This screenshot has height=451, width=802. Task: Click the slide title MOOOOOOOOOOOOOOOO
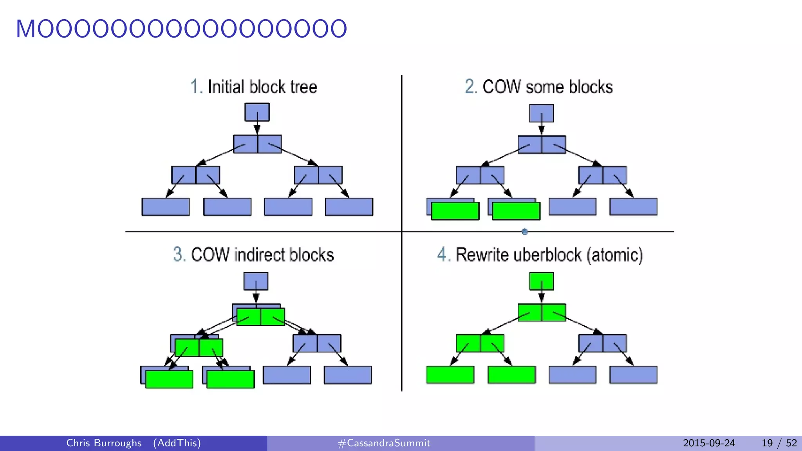181,29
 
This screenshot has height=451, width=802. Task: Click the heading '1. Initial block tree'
254,87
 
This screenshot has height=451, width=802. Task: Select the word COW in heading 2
502,87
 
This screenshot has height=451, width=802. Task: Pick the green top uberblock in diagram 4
541,281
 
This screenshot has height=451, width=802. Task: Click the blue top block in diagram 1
257,112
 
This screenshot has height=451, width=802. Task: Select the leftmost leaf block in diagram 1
165,207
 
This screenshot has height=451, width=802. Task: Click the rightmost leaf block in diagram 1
349,207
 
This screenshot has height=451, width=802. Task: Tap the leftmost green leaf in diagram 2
455,211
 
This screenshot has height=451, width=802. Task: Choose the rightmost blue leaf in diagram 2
633,207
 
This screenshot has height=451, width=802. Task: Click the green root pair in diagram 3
261,317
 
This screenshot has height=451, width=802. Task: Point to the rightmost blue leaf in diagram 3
348,375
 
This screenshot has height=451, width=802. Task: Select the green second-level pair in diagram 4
480,343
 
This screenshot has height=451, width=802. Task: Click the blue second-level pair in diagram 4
602,343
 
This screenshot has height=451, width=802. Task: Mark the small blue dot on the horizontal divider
525,232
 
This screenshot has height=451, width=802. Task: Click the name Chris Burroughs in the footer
104,443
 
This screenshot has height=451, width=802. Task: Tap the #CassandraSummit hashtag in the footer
384,443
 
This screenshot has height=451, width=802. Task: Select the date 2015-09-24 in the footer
709,443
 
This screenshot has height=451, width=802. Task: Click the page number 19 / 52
779,443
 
